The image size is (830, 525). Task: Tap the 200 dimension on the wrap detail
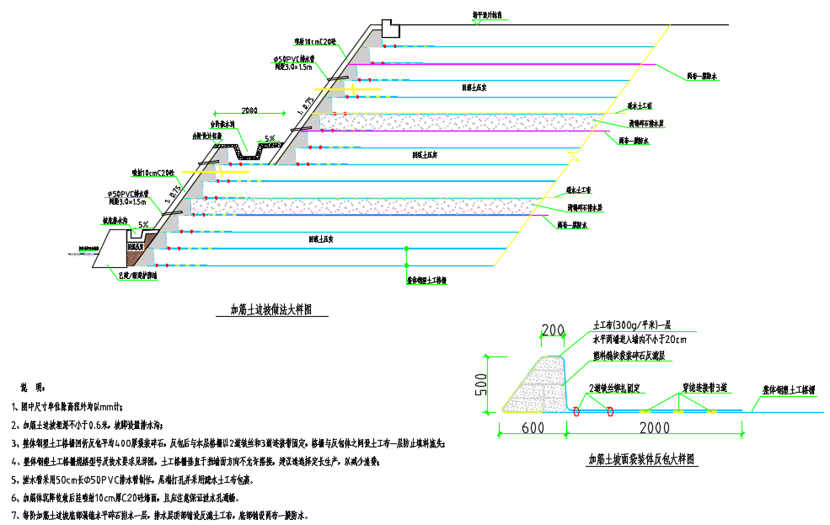(553, 329)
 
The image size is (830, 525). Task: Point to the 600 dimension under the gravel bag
(532, 428)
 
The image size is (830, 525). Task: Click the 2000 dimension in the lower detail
(654, 428)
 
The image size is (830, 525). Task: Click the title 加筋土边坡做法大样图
(271, 309)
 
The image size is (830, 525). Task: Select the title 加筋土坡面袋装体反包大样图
(642, 460)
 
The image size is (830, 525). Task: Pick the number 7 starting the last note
(15, 515)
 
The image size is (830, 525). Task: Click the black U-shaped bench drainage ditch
(249, 151)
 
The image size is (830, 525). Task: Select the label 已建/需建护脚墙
(137, 276)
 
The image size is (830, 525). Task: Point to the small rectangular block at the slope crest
(391, 28)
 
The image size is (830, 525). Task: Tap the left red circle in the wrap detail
(576, 411)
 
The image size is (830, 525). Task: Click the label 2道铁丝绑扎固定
(615, 388)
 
